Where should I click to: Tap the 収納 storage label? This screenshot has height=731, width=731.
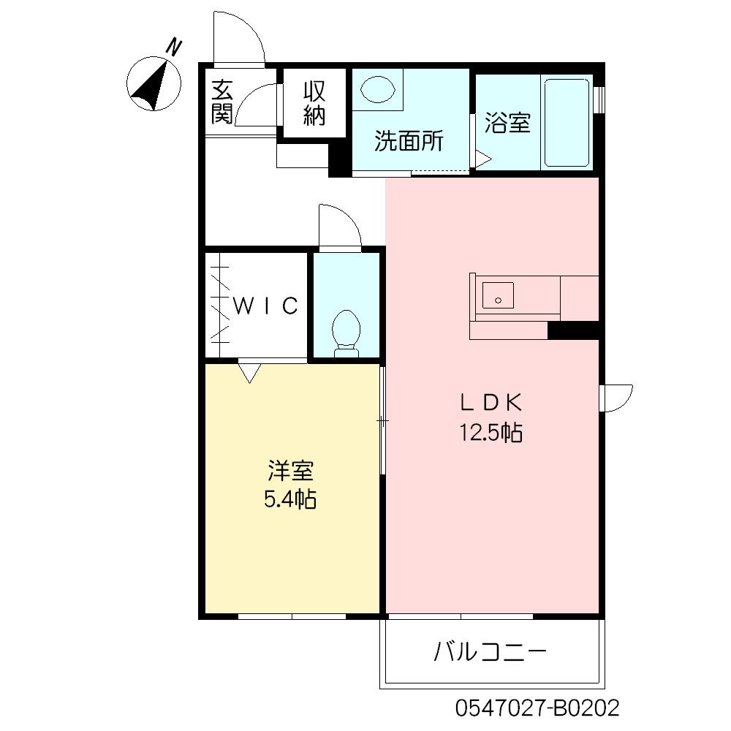pos(314,104)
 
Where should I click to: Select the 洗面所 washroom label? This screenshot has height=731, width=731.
pos(409,140)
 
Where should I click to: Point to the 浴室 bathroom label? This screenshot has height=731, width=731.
pos(507,123)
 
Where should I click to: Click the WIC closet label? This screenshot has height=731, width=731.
pos(265,306)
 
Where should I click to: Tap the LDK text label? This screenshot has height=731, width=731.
pos(491,403)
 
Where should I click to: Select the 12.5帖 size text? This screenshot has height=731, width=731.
pos(491,432)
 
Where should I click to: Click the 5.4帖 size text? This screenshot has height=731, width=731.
pos(290,500)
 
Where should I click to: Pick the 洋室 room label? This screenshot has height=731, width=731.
pos(290,471)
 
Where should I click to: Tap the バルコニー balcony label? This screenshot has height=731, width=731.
pos(490,652)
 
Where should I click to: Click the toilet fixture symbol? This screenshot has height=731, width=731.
pos(346,333)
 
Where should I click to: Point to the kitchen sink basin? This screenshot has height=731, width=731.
pos(498,295)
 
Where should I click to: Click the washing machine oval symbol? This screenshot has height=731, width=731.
pos(377,88)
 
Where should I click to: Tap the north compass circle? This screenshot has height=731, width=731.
pos(154,84)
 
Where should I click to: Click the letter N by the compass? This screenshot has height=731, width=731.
pos(175,48)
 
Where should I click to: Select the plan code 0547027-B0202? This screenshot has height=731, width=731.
pos(537,708)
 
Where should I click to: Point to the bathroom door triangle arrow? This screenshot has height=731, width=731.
pos(483,159)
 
